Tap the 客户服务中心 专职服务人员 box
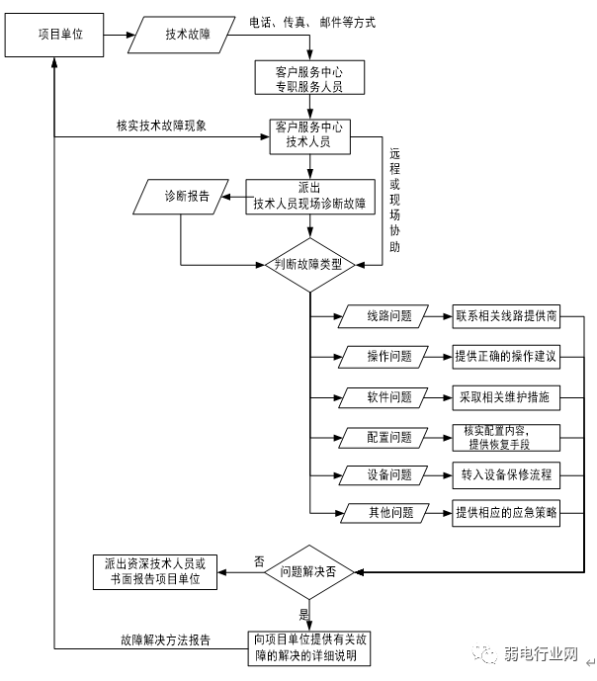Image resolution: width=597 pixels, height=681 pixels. pyautogui.click(x=309, y=77)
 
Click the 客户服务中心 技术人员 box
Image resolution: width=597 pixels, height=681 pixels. pyautogui.click(x=309, y=134)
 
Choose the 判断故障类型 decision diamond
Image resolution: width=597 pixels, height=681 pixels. pyautogui.click(x=309, y=265)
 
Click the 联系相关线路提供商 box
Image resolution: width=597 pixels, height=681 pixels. pyautogui.click(x=506, y=317)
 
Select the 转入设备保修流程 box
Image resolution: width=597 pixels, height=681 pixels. pyautogui.click(x=506, y=474)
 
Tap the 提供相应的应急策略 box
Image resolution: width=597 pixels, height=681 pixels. pyautogui.click(x=506, y=513)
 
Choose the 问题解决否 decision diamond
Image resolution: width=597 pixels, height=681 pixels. pyautogui.click(x=309, y=571)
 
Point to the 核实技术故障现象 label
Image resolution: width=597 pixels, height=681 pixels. pyautogui.click(x=161, y=126)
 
